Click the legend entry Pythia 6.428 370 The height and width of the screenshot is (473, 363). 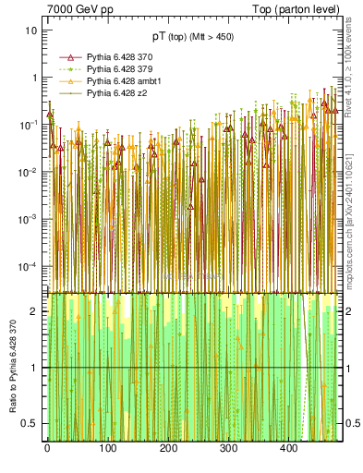point(116,57)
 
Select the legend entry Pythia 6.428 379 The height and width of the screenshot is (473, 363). point(116,69)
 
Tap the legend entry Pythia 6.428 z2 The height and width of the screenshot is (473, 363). point(114,93)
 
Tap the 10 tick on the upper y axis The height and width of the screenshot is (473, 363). point(30,30)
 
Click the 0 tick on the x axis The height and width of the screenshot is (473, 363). point(46,450)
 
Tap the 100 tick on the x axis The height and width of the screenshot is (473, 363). point(107,450)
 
